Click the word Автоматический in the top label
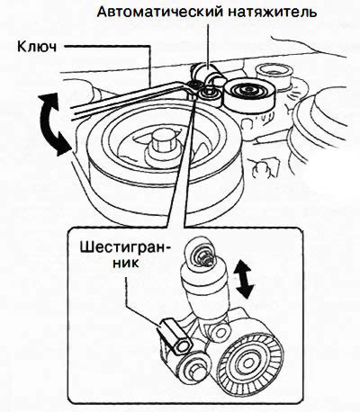[x=160, y=12]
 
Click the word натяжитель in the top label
[x=273, y=12]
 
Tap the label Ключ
[x=37, y=47]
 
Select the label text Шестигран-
[x=122, y=248]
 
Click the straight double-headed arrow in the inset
[x=245, y=279]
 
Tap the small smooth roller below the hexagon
[x=193, y=366]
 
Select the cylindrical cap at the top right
[x=274, y=75]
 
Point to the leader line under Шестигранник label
[x=141, y=304]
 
